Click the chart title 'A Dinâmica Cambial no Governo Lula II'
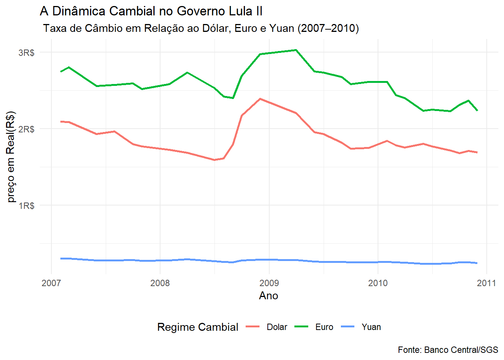[151, 11]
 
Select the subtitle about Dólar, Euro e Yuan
[201, 28]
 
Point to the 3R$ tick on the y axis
[27, 52]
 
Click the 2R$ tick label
[27, 129]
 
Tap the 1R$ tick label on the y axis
[27, 205]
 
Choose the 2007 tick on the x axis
[51, 283]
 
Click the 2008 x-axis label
[160, 283]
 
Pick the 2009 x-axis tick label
[269, 283]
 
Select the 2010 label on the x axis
[378, 283]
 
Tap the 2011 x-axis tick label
[486, 283]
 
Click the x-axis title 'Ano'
[268, 295]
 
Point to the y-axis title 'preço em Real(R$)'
[10, 157]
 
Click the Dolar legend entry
[267, 327]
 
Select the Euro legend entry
[314, 327]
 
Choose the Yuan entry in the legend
[361, 327]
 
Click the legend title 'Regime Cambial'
[198, 327]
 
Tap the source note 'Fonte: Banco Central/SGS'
[448, 350]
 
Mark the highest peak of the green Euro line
[296, 50]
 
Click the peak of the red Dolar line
[260, 99]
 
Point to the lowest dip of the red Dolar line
[214, 160]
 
